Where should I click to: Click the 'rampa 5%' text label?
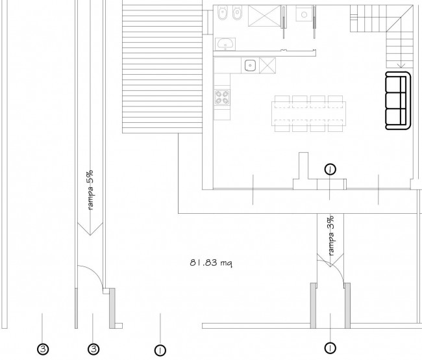click(x=90, y=190)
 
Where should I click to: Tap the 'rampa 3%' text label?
click(x=331, y=235)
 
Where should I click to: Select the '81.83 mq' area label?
click(x=211, y=263)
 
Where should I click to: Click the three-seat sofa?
click(x=398, y=101)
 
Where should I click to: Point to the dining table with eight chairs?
click(x=308, y=114)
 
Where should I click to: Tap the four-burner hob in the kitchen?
click(x=222, y=97)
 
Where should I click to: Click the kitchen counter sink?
click(x=251, y=66)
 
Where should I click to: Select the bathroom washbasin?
click(x=225, y=44)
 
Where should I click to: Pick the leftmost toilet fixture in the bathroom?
click(x=222, y=13)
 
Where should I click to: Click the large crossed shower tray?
click(x=264, y=16)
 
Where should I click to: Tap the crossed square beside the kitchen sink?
click(x=267, y=65)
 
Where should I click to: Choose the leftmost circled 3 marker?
click(x=43, y=349)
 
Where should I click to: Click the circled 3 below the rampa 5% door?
click(x=93, y=349)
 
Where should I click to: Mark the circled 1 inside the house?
click(x=330, y=170)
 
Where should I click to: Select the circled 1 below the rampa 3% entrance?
click(x=330, y=348)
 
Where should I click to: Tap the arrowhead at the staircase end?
click(x=401, y=66)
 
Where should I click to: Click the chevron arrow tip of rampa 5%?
click(x=90, y=235)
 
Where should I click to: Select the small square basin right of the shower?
click(x=304, y=14)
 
